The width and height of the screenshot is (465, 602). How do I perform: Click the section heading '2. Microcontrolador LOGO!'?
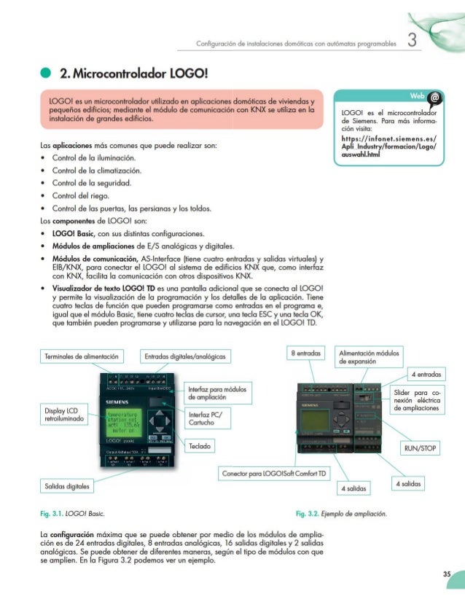pyautogui.click(x=136, y=74)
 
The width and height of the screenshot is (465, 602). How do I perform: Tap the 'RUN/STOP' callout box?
pyautogui.click(x=421, y=448)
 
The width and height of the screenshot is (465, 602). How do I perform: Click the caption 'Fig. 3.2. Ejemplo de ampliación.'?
pyautogui.click(x=341, y=515)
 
